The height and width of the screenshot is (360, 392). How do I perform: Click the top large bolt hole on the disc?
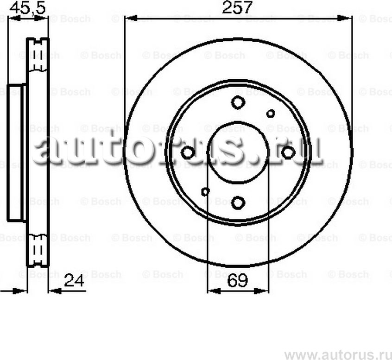[238, 102]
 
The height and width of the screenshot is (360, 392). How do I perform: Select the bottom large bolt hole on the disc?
[238, 202]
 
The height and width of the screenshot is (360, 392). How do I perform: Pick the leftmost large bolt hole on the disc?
[188, 152]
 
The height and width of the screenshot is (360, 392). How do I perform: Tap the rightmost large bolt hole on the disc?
[288, 152]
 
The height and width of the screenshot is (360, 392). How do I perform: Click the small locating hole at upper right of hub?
[271, 113]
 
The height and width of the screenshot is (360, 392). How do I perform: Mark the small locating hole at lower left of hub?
[205, 191]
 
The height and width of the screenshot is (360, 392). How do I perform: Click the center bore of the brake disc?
[238, 152]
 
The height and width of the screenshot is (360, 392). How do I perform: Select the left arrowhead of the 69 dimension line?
[212, 291]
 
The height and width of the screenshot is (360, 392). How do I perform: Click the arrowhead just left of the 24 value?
[54, 291]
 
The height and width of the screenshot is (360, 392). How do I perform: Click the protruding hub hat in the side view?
[17, 153]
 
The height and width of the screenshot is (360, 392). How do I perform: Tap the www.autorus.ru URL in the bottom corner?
[336, 354]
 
